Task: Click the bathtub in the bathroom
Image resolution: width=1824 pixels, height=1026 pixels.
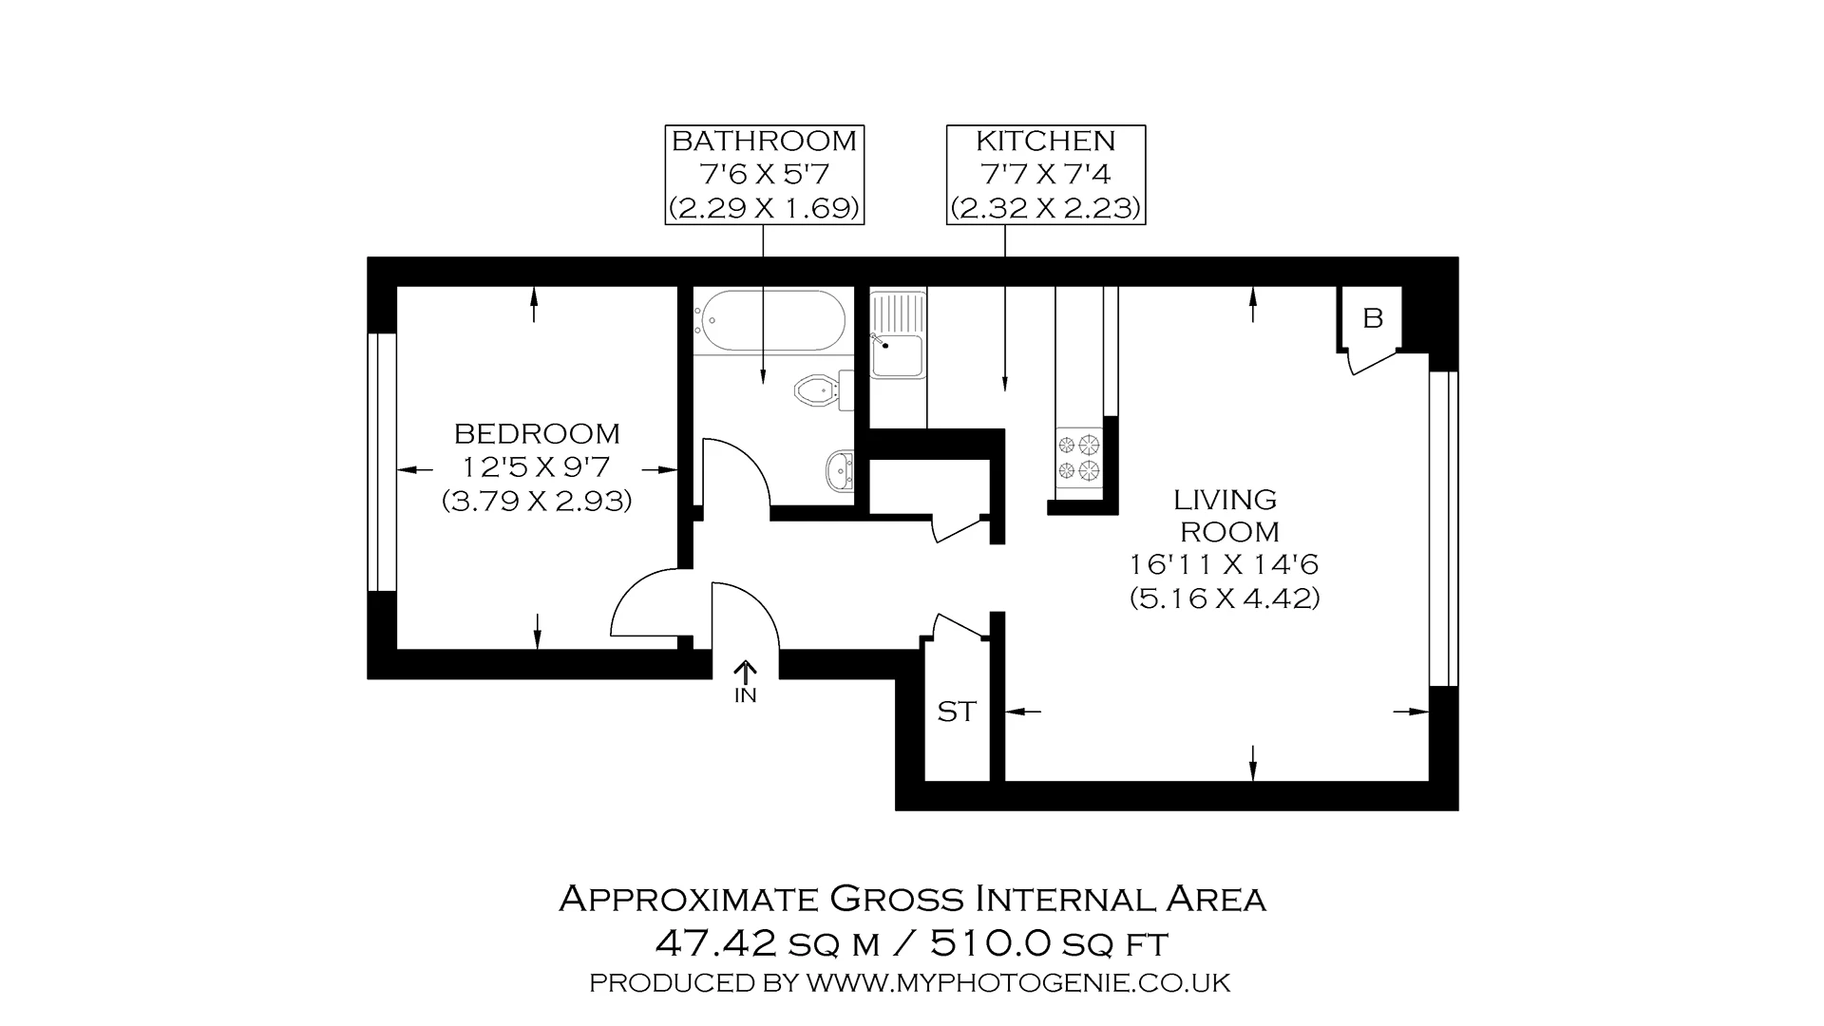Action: pyautogui.click(x=769, y=321)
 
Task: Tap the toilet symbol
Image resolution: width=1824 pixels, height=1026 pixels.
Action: pyautogui.click(x=815, y=389)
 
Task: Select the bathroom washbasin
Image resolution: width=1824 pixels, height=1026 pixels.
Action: pyautogui.click(x=840, y=469)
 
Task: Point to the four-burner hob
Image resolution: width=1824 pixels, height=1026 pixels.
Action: pyautogui.click(x=1078, y=456)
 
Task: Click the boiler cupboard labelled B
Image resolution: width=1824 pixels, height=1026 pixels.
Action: pyautogui.click(x=1372, y=319)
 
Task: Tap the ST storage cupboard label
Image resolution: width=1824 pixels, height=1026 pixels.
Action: pyautogui.click(x=956, y=712)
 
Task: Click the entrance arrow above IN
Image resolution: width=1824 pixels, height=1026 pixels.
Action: pyautogui.click(x=746, y=673)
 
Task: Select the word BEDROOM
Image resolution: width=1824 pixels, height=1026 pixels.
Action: pyautogui.click(x=537, y=434)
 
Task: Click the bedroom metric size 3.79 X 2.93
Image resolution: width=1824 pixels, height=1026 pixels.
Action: pyautogui.click(x=537, y=502)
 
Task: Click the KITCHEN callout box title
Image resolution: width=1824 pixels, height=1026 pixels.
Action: pyautogui.click(x=1045, y=142)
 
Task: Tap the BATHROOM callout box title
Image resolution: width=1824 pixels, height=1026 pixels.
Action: pyautogui.click(x=764, y=142)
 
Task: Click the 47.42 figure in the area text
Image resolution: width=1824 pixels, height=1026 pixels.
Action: pyautogui.click(x=718, y=943)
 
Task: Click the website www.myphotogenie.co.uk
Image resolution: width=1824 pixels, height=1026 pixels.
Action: pyautogui.click(x=1017, y=983)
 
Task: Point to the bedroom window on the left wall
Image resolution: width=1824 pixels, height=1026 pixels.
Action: pyautogui.click(x=382, y=462)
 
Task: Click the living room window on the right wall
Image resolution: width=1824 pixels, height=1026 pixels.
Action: pyautogui.click(x=1443, y=527)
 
